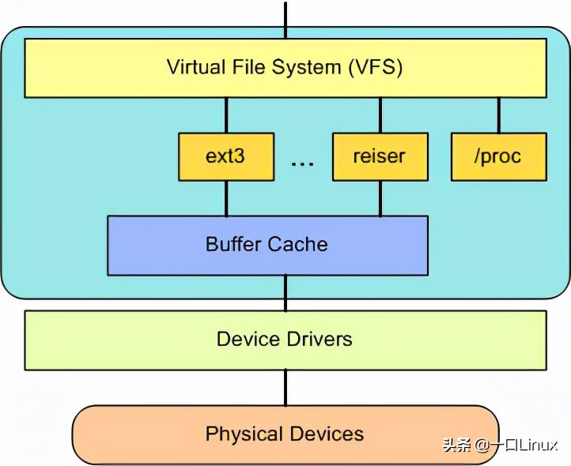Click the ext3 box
(226, 156)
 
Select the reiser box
(380, 156)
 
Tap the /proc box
(498, 156)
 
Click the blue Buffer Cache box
(267, 245)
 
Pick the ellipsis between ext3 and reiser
(302, 163)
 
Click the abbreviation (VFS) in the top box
(375, 67)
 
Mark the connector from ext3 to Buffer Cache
(226, 198)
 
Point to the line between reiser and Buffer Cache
(380, 198)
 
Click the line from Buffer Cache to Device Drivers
(285, 292)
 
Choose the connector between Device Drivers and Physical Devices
(285, 387)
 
